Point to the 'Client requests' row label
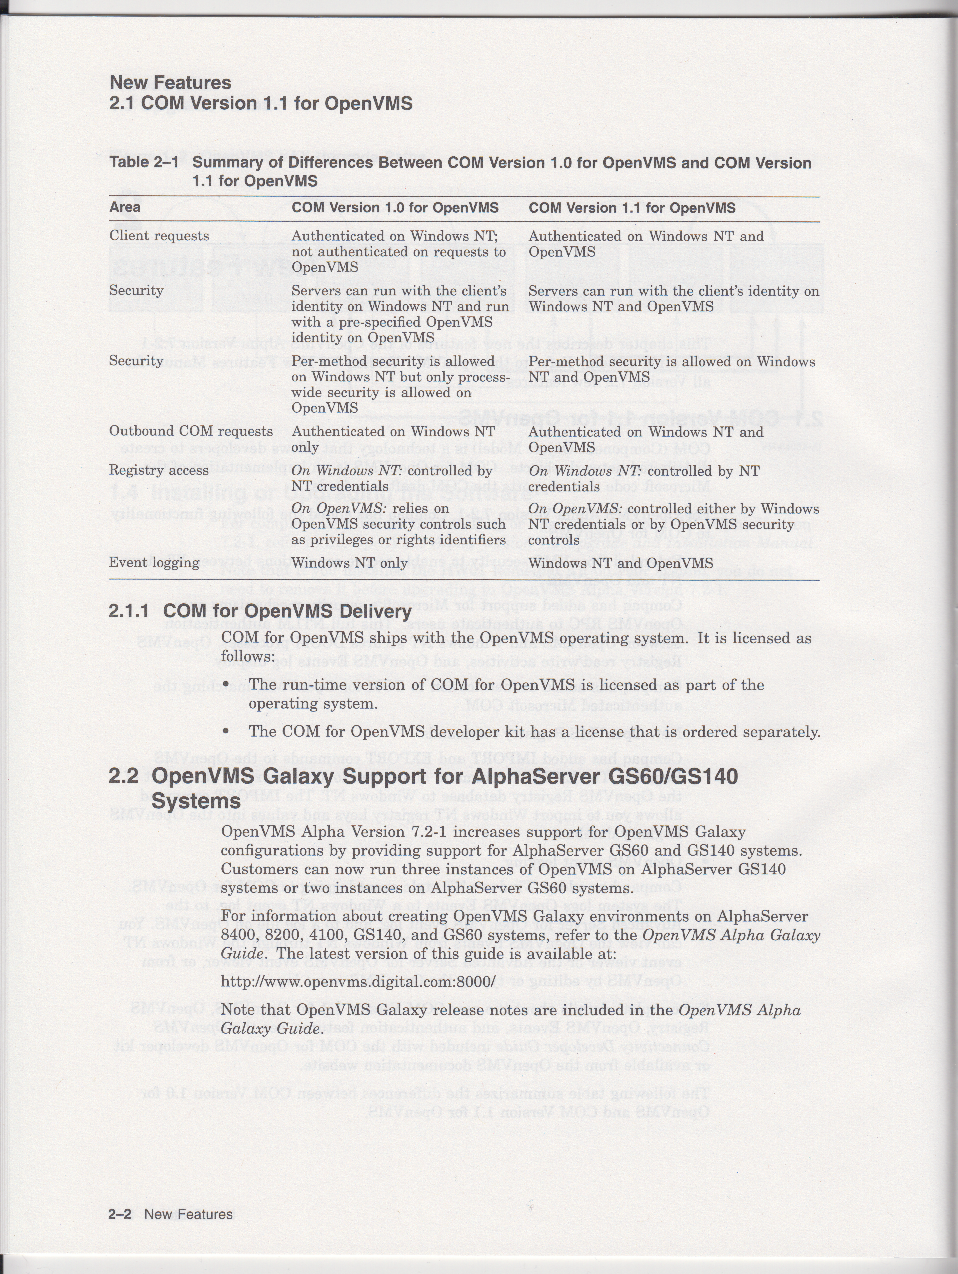pos(159,236)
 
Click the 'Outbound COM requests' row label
pos(191,431)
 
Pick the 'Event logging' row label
pos(154,563)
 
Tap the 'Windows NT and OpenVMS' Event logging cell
pos(620,563)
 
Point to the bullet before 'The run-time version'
pos(226,685)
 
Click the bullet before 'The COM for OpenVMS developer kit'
pos(226,732)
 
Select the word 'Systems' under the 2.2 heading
pos(196,801)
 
